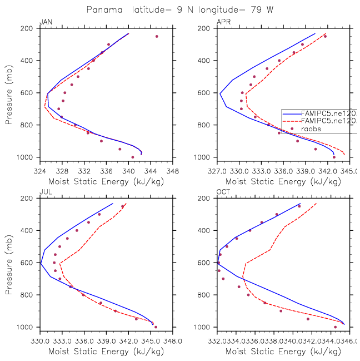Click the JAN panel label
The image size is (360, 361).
click(x=46, y=22)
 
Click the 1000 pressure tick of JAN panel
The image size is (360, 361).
click(x=29, y=157)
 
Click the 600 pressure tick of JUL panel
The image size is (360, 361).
click(x=31, y=263)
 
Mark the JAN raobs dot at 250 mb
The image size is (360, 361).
click(x=157, y=36)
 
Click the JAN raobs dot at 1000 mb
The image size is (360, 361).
click(x=132, y=157)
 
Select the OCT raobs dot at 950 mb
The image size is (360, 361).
click(x=308, y=319)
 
